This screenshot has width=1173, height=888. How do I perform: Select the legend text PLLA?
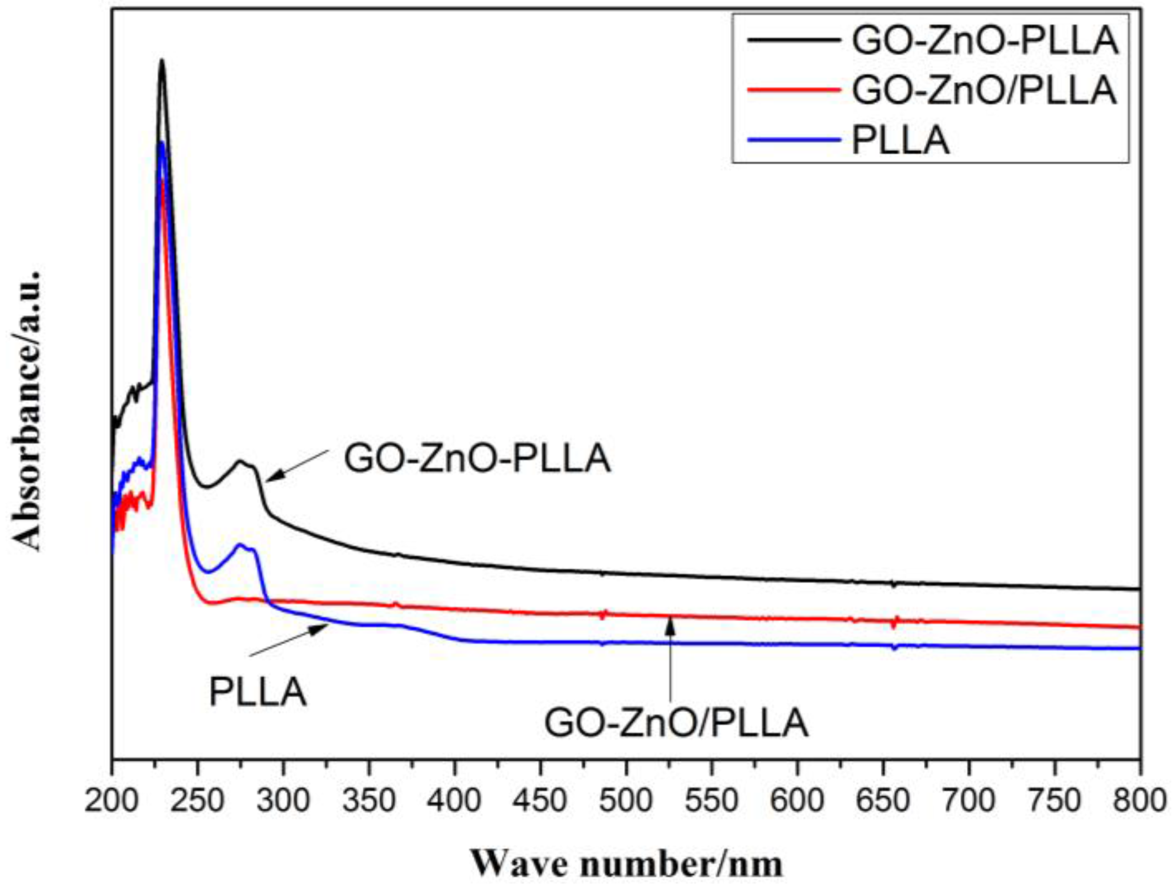coord(901,141)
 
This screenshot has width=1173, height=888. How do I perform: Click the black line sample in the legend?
coord(794,40)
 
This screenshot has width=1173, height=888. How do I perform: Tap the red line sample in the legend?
coord(794,89)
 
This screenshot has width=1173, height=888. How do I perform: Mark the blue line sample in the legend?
coord(794,140)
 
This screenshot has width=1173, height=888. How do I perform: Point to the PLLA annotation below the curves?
coord(257,692)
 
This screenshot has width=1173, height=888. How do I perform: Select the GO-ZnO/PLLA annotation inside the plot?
coord(676,723)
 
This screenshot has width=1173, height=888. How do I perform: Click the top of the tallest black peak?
coord(162,61)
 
